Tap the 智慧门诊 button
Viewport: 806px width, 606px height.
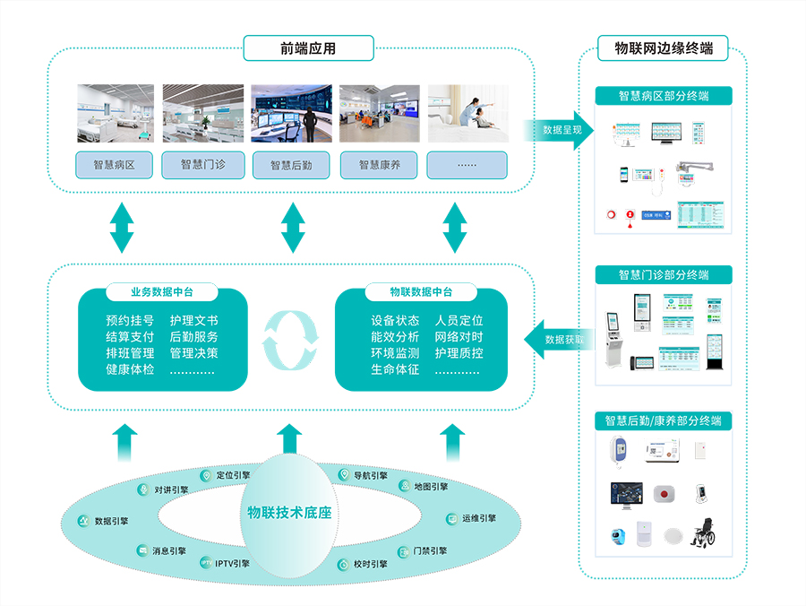click(x=202, y=165)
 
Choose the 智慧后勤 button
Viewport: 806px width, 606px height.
click(x=290, y=165)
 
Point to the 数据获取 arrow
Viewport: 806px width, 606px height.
click(x=561, y=340)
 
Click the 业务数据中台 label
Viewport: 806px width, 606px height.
click(x=162, y=292)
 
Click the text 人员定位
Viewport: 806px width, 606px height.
click(x=459, y=320)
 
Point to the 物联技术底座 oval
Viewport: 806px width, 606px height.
click(x=288, y=513)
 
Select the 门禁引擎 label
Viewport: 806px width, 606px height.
click(x=430, y=550)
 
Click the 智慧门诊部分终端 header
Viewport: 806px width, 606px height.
click(x=663, y=274)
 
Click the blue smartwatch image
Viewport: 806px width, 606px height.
click(x=618, y=535)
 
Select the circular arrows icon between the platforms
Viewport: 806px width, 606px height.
click(x=289, y=341)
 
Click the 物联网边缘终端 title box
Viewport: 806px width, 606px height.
click(x=663, y=48)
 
